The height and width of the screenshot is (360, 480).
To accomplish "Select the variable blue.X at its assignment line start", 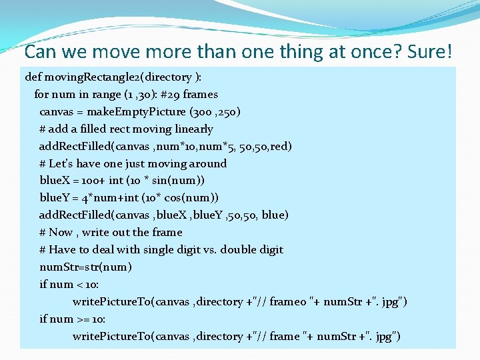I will click(56, 181).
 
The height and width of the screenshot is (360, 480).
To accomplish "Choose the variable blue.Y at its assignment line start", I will click(56, 198).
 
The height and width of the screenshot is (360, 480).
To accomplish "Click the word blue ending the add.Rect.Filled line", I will click(274, 215).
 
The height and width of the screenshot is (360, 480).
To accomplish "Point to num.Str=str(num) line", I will click(85, 267).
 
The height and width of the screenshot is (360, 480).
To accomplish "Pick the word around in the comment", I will click(207, 164).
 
